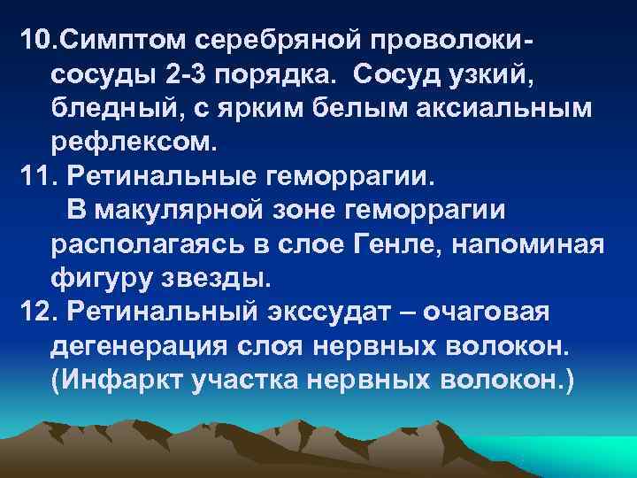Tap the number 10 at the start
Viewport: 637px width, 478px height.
point(35,41)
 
